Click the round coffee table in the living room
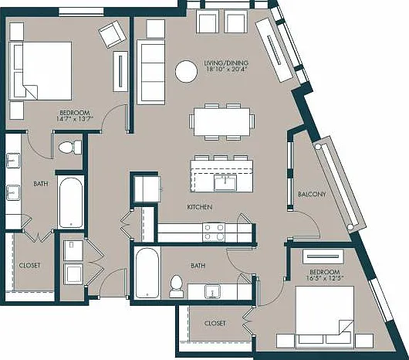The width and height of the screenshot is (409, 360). click(186, 72)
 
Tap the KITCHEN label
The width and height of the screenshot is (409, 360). click(200, 207)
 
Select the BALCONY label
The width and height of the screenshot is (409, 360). click(312, 194)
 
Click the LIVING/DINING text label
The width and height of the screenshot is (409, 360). click(226, 63)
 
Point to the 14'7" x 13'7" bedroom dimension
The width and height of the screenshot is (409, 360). click(75, 119)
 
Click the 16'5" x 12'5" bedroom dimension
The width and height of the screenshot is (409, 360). click(325, 278)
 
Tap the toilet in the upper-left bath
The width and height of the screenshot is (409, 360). click(70, 148)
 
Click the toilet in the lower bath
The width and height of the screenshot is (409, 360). click(176, 287)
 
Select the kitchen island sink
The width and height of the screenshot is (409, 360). click(225, 183)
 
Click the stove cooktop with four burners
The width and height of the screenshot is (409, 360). click(214, 233)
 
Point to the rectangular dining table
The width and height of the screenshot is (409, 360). click(222, 122)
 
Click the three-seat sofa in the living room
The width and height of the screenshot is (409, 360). click(151, 72)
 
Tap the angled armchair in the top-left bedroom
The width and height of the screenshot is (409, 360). click(112, 34)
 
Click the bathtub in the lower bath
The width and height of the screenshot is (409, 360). click(147, 273)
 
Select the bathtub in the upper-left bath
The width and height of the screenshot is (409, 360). click(71, 202)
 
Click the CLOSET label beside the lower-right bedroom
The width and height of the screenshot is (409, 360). click(215, 324)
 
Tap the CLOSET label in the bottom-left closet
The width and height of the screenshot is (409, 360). click(30, 266)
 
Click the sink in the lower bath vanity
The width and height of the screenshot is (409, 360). click(212, 291)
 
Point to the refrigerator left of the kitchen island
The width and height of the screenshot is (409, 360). click(147, 189)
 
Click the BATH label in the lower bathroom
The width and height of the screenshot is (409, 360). click(198, 266)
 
